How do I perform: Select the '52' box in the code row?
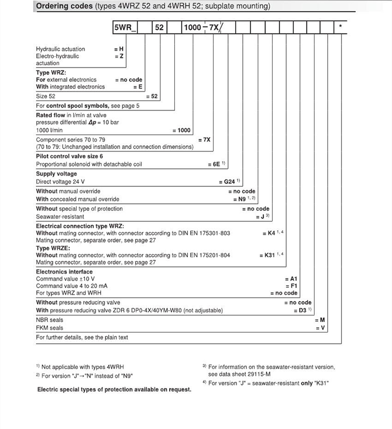point(159,28)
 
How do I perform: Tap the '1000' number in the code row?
point(192,28)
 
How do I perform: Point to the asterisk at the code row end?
point(341,27)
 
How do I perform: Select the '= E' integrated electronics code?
point(137,87)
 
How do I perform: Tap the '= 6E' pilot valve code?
point(214,165)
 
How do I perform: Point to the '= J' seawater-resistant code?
point(260,217)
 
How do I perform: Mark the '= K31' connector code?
point(267,256)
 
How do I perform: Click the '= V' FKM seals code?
point(320,328)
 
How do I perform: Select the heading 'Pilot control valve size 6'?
point(69,157)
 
